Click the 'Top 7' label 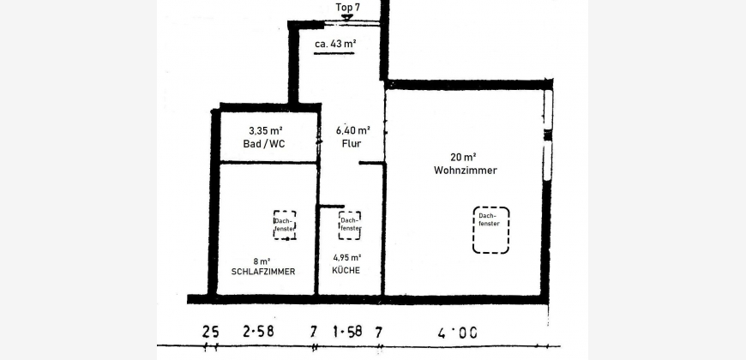[x=346, y=7]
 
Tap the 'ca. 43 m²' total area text [x=335, y=44]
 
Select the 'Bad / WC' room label [x=264, y=144]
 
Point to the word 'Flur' [x=351, y=144]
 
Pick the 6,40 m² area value [x=353, y=129]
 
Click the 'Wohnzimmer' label [x=466, y=171]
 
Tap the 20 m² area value [x=464, y=157]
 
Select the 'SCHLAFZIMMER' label [x=263, y=272]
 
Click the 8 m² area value [x=262, y=261]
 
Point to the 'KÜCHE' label [x=346, y=271]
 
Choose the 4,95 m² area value [x=346, y=258]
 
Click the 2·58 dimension [x=258, y=331]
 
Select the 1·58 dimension [x=347, y=331]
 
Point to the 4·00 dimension [x=457, y=333]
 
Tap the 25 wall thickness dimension [x=210, y=332]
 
